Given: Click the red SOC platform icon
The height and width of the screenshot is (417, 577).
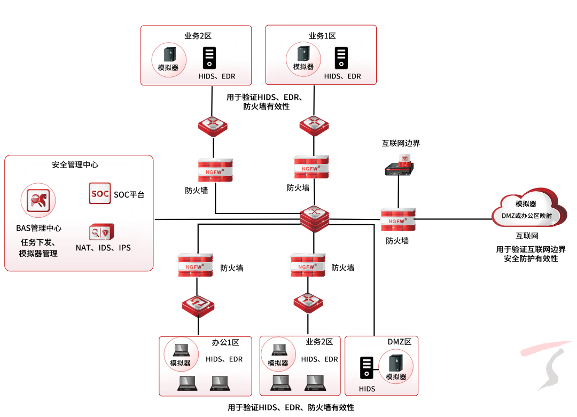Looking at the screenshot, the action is [100, 193].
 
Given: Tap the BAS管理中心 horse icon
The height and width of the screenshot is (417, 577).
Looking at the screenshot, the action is [38, 200].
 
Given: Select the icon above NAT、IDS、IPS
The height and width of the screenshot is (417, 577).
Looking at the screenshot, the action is [102, 232].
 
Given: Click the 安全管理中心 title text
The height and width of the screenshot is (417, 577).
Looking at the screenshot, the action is [75, 165].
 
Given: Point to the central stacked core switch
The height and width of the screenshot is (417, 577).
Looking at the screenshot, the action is [314, 219].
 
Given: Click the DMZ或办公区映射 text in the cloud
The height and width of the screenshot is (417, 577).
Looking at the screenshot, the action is [527, 216].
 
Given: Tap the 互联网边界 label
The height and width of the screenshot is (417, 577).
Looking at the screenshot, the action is [401, 144].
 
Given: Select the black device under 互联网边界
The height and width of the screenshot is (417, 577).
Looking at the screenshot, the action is [399, 166].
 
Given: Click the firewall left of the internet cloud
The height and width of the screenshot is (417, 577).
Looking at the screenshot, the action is [398, 219].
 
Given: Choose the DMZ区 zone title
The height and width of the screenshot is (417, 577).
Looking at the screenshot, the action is [400, 342].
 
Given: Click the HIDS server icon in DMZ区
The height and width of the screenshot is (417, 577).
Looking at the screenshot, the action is [367, 368].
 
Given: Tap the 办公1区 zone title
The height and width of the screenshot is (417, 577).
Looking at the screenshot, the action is [225, 343].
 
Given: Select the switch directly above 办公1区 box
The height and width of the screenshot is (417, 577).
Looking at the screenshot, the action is [198, 306].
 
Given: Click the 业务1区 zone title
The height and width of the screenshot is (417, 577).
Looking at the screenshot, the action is [322, 36].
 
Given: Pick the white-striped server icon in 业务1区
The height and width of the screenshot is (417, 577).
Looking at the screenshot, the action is [341, 58].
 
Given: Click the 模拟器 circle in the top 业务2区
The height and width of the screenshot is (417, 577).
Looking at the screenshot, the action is [169, 60].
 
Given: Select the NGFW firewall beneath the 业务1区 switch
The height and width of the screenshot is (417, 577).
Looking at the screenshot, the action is [311, 167].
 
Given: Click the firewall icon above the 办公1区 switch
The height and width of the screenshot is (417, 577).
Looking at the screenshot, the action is [196, 265].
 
